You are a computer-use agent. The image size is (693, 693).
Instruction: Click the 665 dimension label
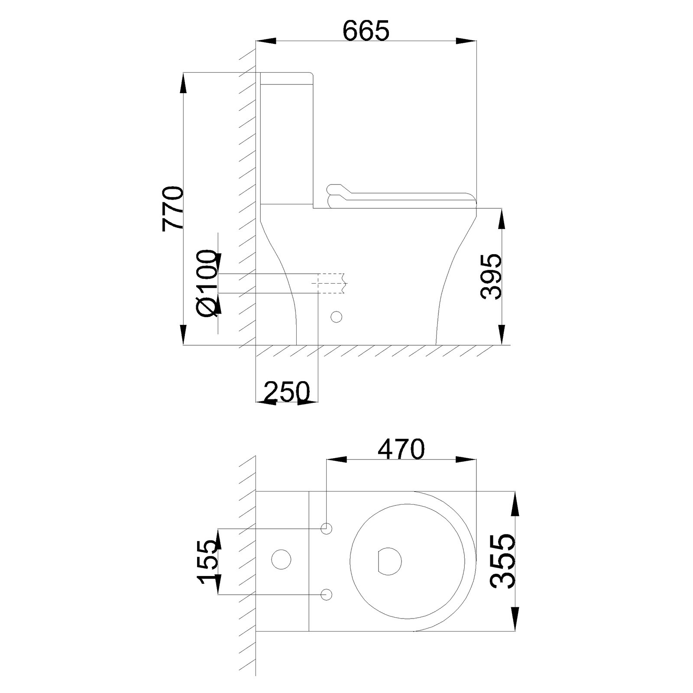pyautogui.click(x=366, y=30)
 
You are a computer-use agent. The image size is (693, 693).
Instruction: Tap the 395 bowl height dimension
pyautogui.click(x=491, y=276)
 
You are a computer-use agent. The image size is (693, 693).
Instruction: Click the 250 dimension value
pyautogui.click(x=287, y=392)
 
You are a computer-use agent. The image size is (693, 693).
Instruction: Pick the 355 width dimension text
pyautogui.click(x=503, y=561)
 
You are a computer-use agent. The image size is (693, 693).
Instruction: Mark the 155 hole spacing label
pyautogui.click(x=207, y=562)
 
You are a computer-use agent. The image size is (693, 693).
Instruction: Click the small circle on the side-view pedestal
pyautogui.click(x=336, y=317)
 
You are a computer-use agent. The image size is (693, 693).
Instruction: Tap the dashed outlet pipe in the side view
pyautogui.click(x=332, y=283)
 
